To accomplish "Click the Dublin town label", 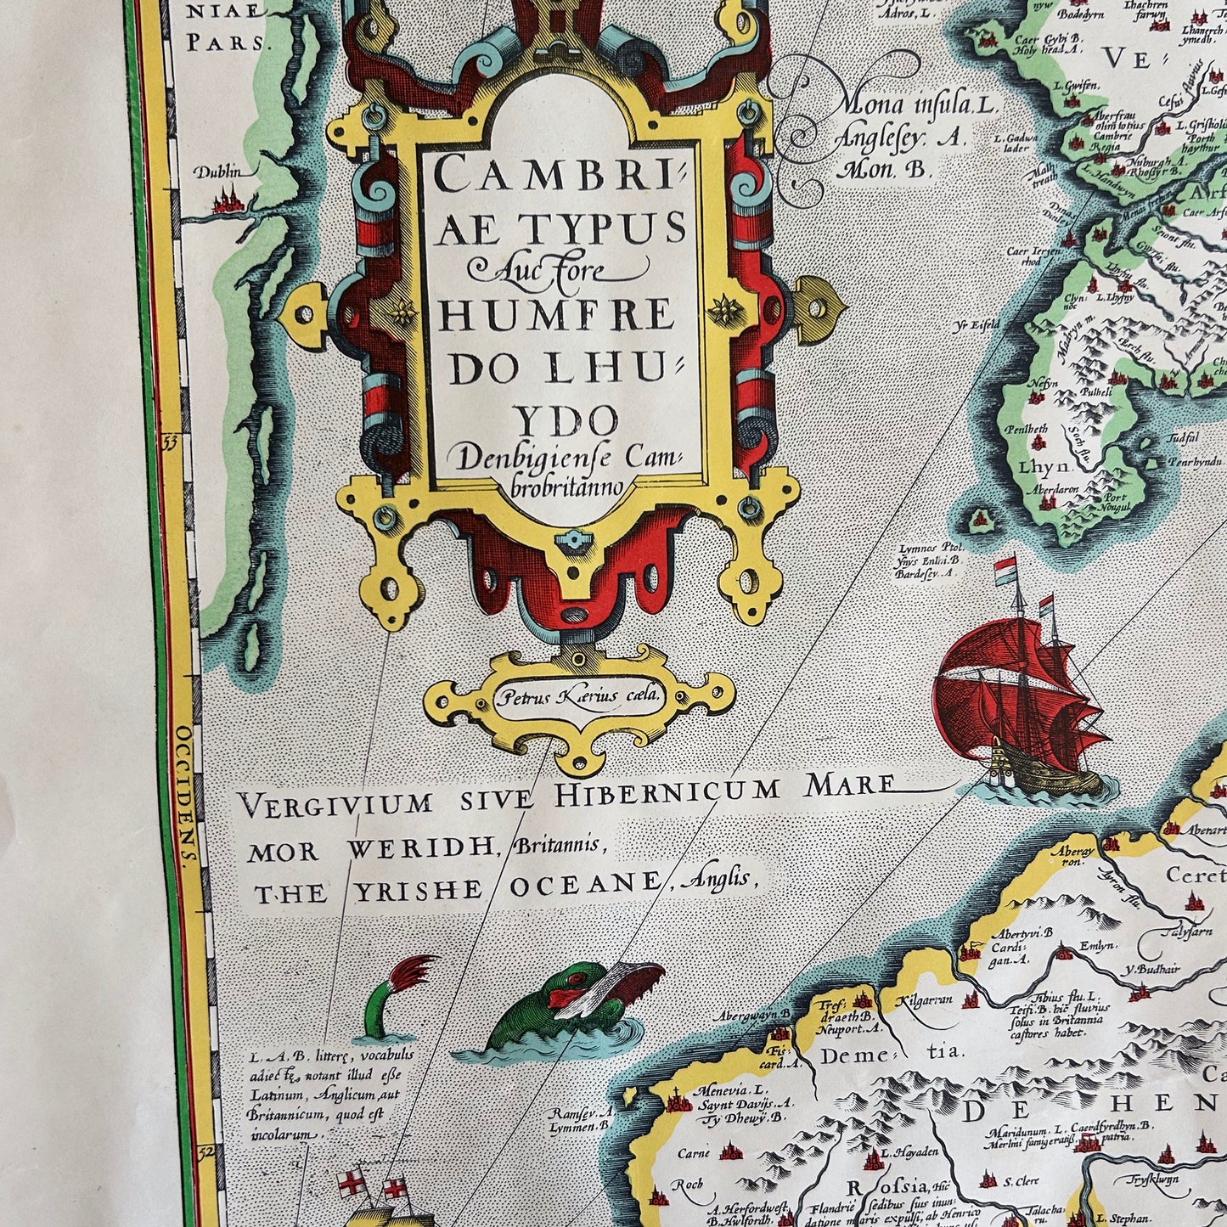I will click(x=217, y=172).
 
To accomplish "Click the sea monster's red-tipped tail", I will click(x=416, y=971).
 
